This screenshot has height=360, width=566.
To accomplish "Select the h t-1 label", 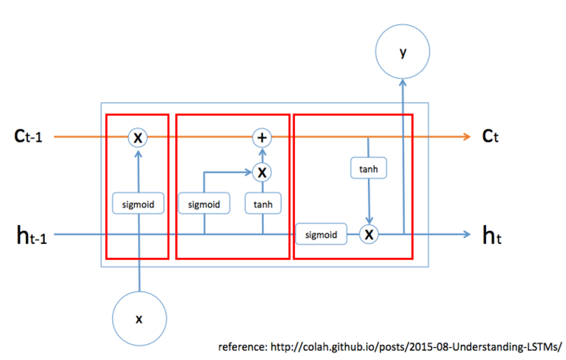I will tap(32, 236).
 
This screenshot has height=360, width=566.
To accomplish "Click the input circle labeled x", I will tap(139, 319).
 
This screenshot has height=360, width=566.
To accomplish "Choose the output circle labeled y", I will tap(402, 53).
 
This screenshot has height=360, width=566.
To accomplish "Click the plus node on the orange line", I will tap(262, 137).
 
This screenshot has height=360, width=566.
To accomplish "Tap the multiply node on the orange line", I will tap(138, 137).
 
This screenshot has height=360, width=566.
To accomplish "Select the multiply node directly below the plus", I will tap(262, 172).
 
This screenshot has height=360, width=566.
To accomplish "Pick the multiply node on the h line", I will tap(369, 234).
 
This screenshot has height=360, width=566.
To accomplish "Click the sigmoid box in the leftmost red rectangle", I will tap(138, 204).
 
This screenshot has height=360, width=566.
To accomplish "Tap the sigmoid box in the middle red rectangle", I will tap(204, 204).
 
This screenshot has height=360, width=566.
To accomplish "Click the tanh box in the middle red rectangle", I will tap(262, 204).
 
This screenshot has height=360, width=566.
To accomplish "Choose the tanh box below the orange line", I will tap(369, 168).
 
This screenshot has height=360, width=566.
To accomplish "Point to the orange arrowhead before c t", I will tap(466, 137).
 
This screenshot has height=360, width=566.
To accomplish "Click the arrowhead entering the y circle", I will tap(402, 82).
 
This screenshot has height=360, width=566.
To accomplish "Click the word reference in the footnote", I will tap(242, 346).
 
